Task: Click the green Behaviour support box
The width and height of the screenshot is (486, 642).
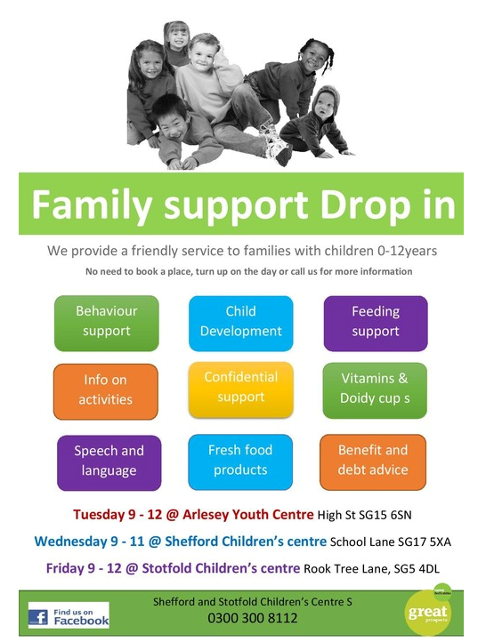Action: point(107,323)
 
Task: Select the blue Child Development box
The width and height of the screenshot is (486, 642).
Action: point(241,323)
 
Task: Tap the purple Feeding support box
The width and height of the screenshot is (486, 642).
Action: point(376,323)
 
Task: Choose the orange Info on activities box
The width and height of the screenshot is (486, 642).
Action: point(106,391)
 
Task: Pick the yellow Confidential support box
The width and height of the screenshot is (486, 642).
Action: point(241,389)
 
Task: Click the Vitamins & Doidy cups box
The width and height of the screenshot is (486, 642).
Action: point(375,390)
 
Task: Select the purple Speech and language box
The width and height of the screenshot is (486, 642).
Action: point(109,462)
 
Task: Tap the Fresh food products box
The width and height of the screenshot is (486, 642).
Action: point(240,461)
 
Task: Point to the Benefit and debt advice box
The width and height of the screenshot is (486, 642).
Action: point(373,461)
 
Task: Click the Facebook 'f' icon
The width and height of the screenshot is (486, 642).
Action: point(38,617)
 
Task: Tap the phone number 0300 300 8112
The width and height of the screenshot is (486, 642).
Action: point(253,618)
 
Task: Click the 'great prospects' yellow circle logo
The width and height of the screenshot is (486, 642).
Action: point(427,613)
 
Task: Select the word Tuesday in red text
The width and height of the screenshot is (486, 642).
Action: point(99,514)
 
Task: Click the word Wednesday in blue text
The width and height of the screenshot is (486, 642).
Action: point(70,542)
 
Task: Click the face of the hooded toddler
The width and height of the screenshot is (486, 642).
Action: point(325,108)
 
